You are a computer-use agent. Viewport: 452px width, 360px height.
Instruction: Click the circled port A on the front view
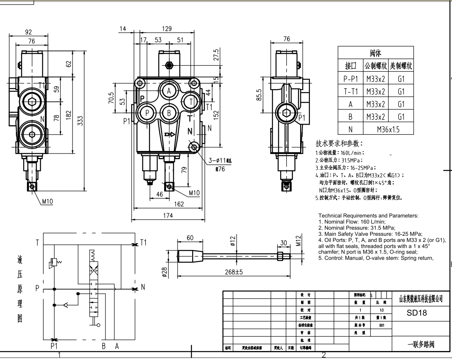(x=169, y=91)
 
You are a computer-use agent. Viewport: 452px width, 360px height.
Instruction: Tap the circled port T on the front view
(x=190, y=101)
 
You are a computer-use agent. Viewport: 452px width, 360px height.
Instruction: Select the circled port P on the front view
(x=147, y=113)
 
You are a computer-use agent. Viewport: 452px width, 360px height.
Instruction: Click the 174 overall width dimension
(x=168, y=215)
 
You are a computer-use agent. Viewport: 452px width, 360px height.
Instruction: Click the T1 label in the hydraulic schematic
(x=143, y=243)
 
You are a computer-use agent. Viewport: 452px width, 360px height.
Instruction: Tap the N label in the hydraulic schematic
(x=143, y=288)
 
